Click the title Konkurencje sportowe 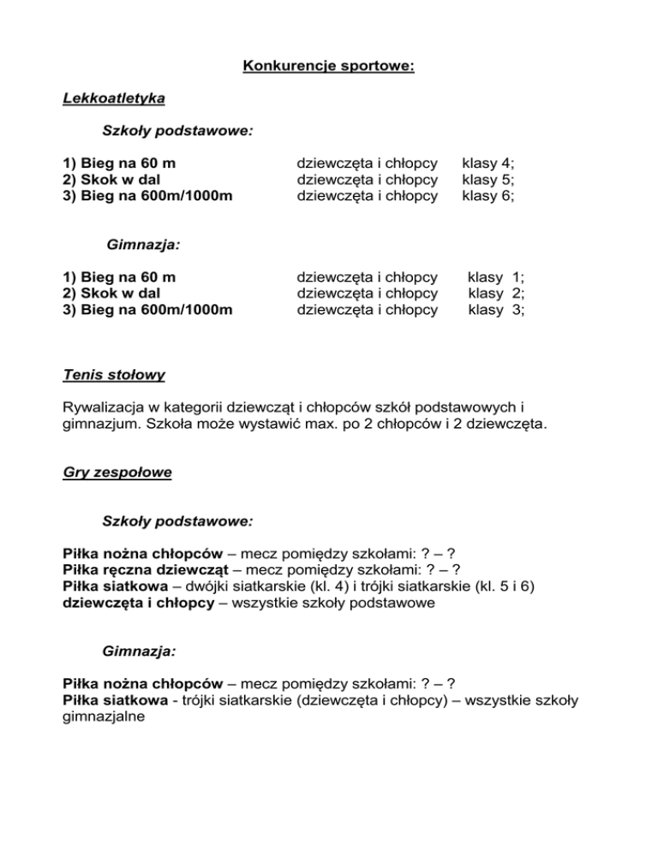pos(329,65)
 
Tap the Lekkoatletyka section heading pos(114,98)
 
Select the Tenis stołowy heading pos(115,374)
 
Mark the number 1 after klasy pos(517,277)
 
